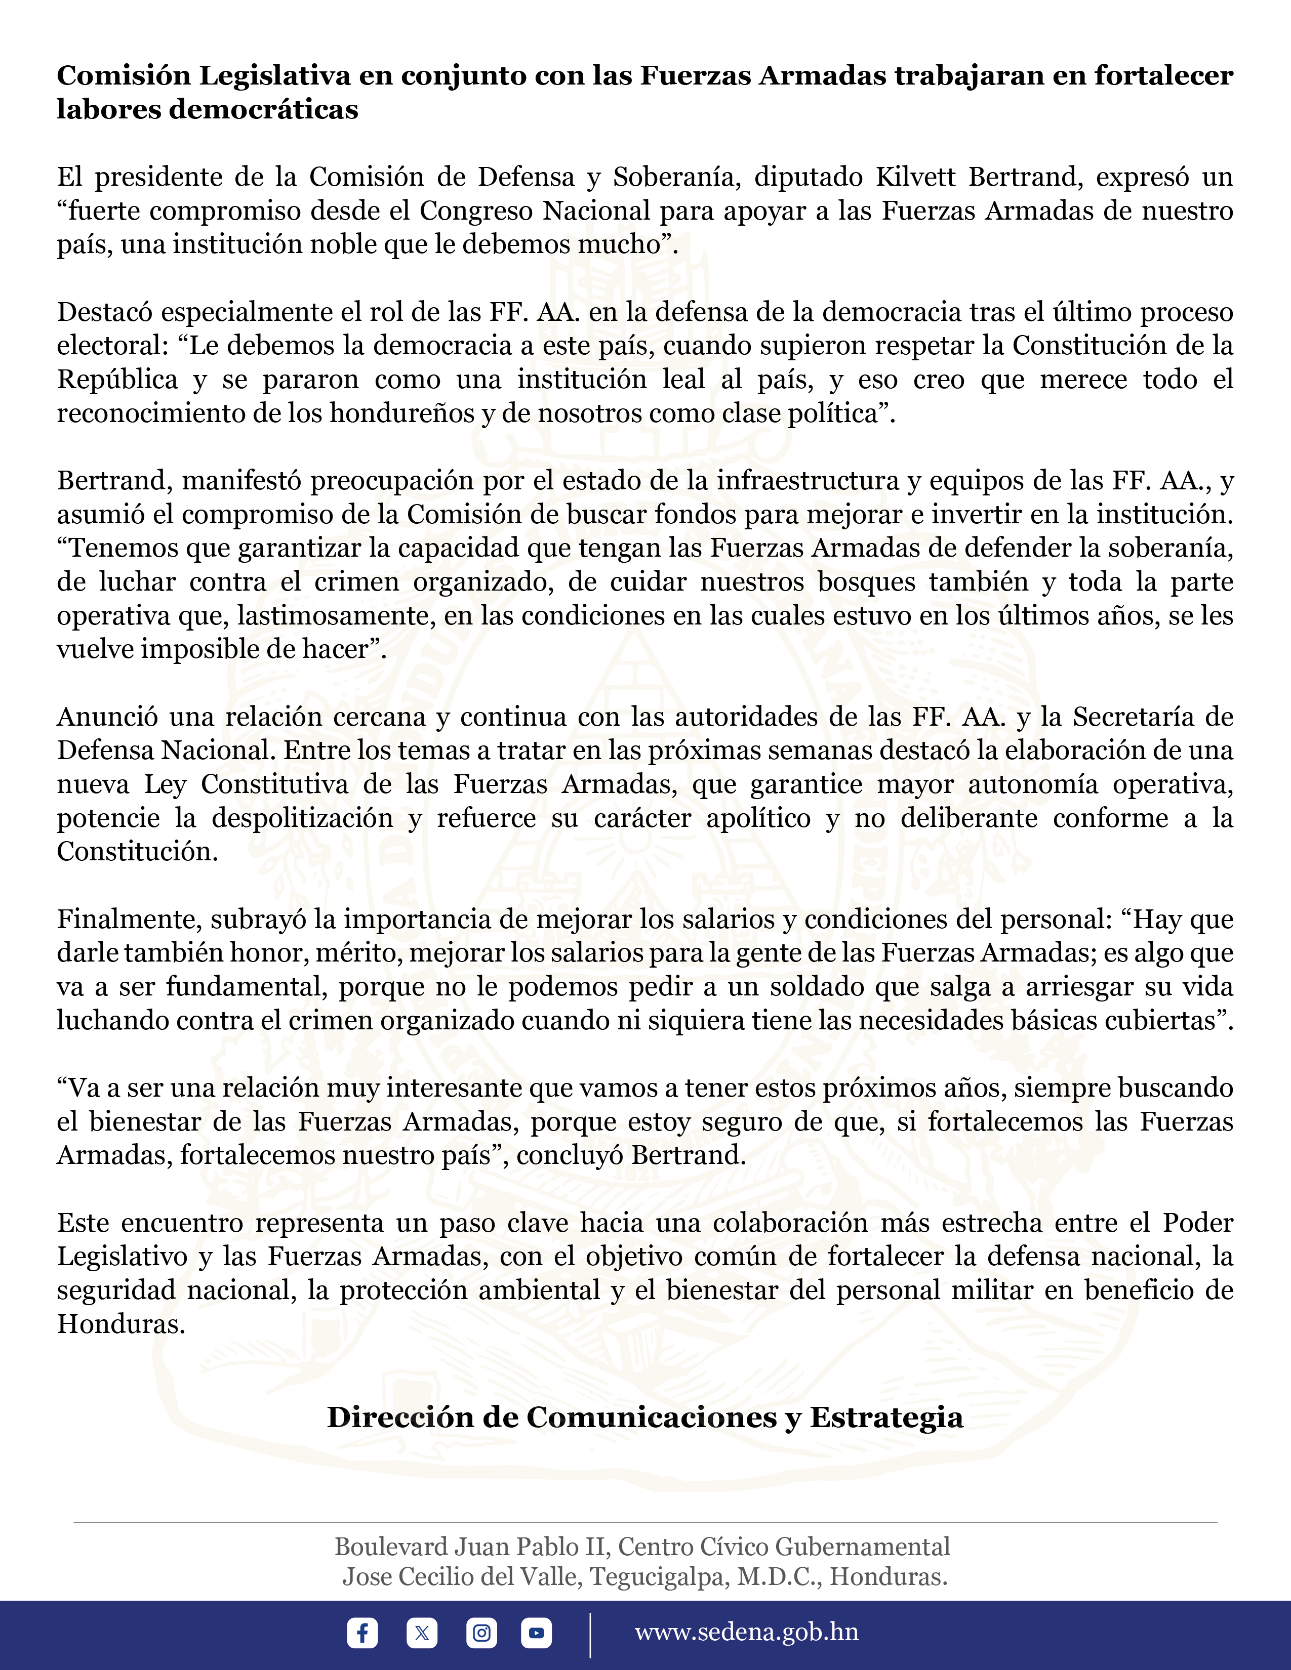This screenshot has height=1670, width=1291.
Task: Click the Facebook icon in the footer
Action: coord(362,1633)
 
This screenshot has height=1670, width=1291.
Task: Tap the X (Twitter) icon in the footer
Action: coord(421,1633)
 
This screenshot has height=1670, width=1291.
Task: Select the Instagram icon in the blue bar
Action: coord(481,1633)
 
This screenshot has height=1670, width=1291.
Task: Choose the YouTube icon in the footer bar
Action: coord(536,1633)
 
